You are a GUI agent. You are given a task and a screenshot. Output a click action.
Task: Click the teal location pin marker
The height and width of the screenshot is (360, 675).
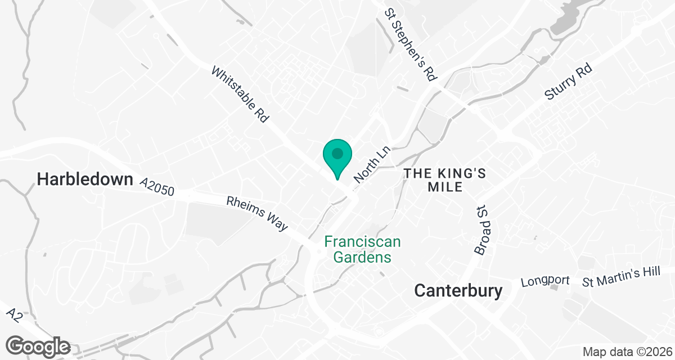[337, 158]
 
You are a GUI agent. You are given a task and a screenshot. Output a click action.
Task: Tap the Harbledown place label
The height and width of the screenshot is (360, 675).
[85, 179]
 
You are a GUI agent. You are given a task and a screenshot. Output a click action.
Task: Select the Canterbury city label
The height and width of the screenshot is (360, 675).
[458, 290]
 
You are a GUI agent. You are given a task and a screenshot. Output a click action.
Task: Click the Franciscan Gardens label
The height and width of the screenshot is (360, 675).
[363, 249]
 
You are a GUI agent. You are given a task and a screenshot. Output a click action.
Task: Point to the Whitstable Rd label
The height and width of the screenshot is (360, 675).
[240, 95]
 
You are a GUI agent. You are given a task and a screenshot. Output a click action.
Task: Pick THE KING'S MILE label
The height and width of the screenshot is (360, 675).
[444, 180]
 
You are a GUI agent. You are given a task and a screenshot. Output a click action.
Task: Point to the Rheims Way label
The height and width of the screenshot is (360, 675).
[257, 213]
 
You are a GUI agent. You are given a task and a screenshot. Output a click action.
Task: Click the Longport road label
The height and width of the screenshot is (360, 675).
[546, 281]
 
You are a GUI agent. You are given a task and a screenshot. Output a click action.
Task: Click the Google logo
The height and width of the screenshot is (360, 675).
[38, 345]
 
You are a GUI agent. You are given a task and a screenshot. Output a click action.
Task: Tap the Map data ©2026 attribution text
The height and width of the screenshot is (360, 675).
[627, 352]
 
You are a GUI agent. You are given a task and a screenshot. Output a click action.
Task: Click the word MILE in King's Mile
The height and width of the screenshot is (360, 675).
[444, 187]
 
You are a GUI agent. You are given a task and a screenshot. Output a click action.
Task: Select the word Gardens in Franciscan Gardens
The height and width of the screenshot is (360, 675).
[363, 258]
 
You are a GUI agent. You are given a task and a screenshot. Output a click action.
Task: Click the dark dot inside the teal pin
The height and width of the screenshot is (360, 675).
[337, 153]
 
